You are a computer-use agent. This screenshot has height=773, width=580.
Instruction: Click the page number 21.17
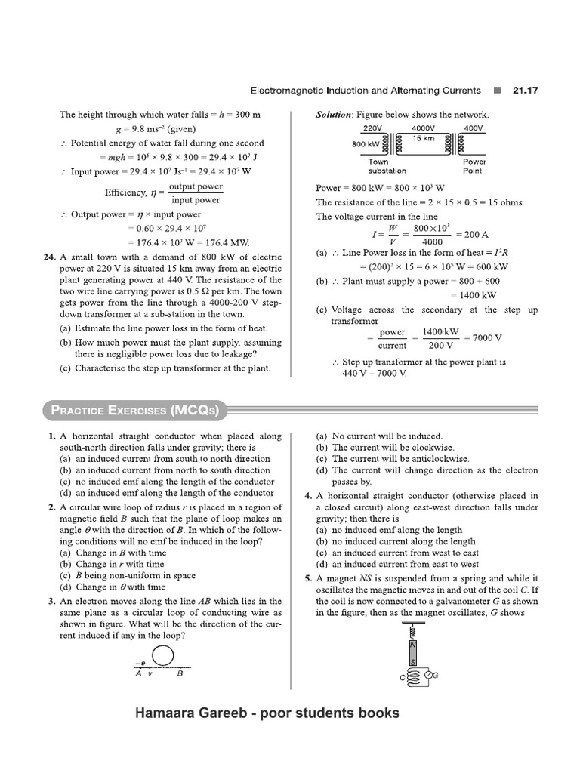pos(525,90)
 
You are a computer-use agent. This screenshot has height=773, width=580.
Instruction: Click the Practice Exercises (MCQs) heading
pos(134,410)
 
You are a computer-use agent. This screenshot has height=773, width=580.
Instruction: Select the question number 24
pos(50,257)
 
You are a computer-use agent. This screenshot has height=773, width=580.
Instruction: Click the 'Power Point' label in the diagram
pos(475,166)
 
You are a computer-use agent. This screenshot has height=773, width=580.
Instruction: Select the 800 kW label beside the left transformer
pos(366,144)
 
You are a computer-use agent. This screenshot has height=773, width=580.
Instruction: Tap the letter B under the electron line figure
pos(180,674)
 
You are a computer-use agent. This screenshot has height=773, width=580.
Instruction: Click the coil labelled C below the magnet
pos(412,677)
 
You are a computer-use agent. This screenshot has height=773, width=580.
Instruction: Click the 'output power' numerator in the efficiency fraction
pos(196,186)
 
